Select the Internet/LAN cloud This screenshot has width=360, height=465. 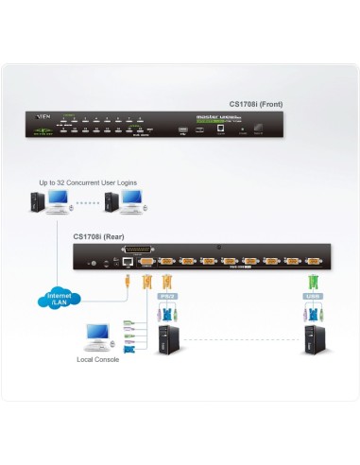point(59,300)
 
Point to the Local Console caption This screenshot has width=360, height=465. point(97,360)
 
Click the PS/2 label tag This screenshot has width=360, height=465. point(163,296)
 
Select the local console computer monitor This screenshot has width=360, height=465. point(96,334)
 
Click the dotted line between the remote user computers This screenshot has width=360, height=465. point(87,201)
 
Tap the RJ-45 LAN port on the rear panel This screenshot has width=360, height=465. point(127,260)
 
